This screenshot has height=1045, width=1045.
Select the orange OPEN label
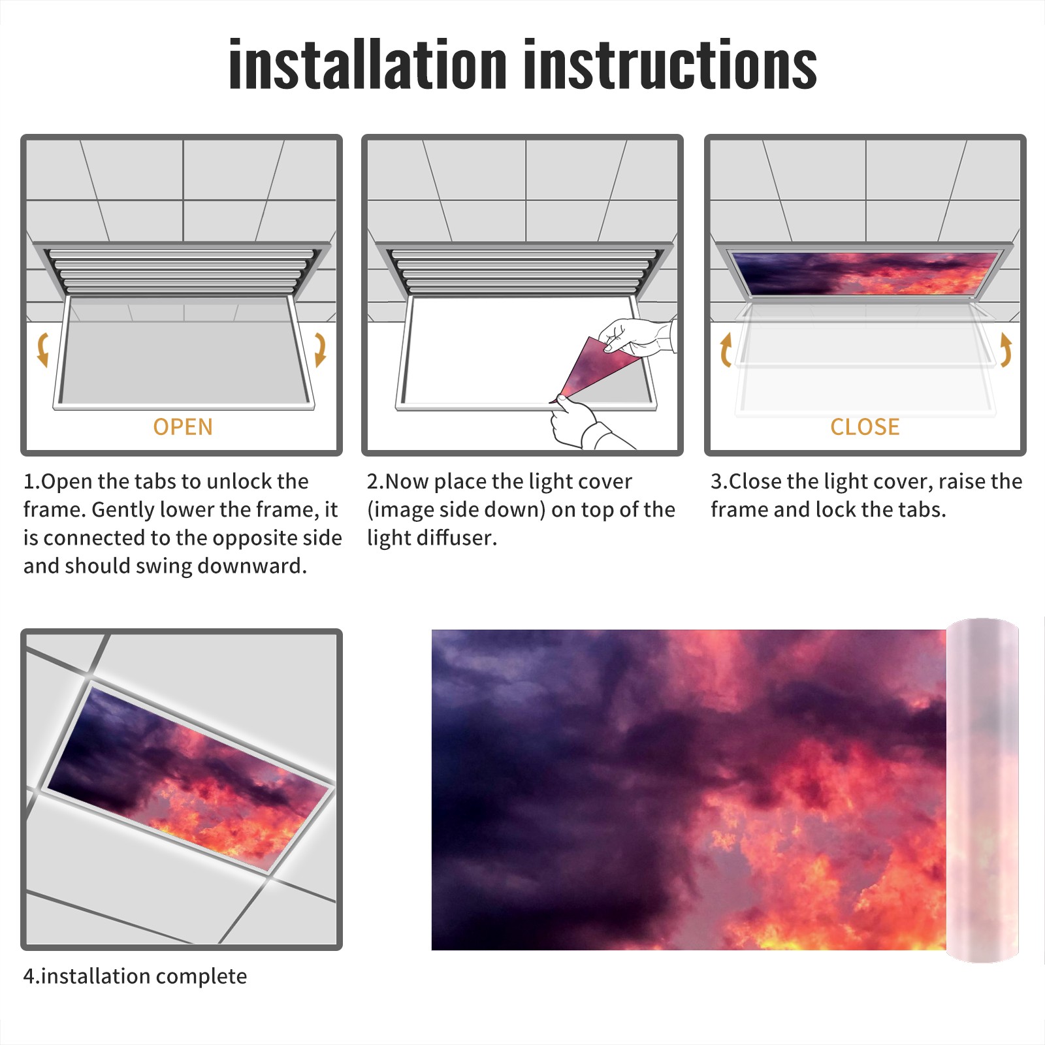coord(183,427)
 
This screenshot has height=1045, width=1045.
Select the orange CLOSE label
coord(865,427)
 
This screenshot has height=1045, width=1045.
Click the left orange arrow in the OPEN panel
coord(42,349)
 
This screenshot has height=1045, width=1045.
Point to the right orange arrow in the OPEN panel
coord(320,349)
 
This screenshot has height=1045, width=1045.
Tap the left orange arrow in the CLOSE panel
coord(725,349)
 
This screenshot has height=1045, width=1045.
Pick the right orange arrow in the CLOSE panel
coord(1006,349)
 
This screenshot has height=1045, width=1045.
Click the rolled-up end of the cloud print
coord(982,790)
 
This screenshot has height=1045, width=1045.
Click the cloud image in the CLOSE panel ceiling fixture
coord(865,273)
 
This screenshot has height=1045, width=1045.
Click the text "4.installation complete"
coord(135,976)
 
